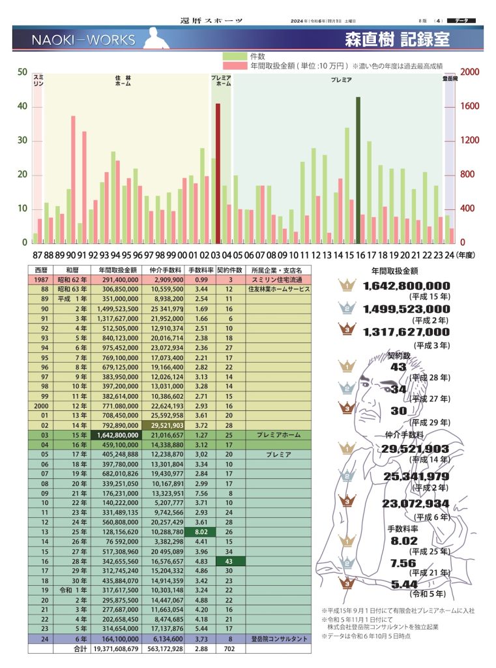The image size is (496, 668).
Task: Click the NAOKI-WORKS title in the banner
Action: pyautogui.click(x=83, y=40)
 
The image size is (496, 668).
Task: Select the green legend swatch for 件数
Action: pyautogui.click(x=233, y=57)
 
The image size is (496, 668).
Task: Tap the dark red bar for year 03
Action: pyautogui.click(x=218, y=173)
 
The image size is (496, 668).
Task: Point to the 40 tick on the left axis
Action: pyautogui.click(x=22, y=106)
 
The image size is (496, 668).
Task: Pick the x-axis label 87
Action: pyautogui.click(x=36, y=254)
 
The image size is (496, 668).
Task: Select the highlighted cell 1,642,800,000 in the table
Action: pyautogui.click(x=119, y=434)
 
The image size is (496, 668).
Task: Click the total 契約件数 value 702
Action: pyautogui.click(x=229, y=649)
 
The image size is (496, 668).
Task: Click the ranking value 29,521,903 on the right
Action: pyautogui.click(x=415, y=448)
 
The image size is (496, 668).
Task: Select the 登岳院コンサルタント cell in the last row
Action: pyautogui.click(x=278, y=639)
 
